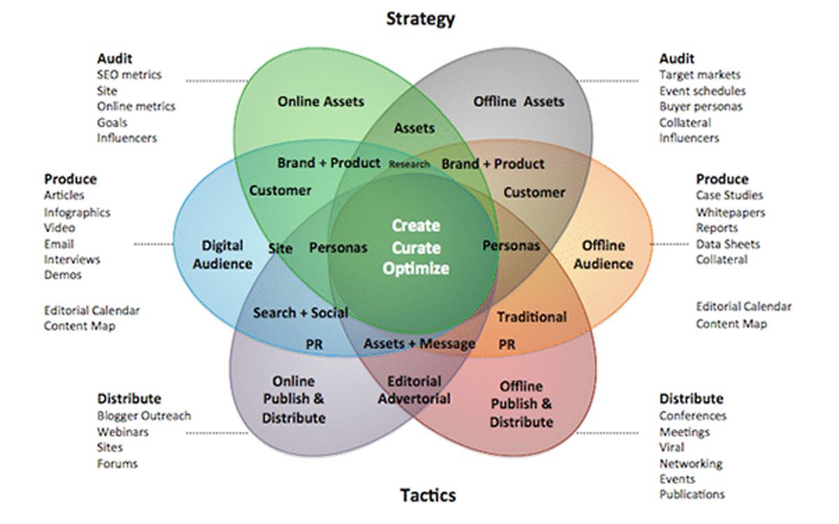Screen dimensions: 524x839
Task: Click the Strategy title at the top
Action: (x=420, y=19)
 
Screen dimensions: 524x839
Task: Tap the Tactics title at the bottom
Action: (x=428, y=495)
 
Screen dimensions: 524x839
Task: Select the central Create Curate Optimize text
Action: (x=416, y=247)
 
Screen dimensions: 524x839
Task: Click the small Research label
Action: (x=409, y=164)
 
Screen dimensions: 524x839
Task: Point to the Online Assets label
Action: (x=321, y=101)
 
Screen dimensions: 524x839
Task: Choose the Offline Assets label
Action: (x=518, y=101)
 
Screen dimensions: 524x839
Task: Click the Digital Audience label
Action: (x=222, y=254)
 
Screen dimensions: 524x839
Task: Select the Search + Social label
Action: (x=301, y=312)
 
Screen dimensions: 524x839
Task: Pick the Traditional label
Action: (x=531, y=316)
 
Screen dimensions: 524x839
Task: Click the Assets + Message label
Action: (x=419, y=344)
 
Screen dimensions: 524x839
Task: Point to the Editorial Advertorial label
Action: (x=415, y=390)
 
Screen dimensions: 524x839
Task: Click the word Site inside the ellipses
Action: (x=280, y=247)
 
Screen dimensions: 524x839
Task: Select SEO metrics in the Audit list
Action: (x=129, y=75)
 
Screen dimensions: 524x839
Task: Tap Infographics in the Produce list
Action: (x=77, y=212)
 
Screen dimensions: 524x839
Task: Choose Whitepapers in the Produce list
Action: (x=730, y=212)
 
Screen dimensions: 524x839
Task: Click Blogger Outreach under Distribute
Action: (x=143, y=416)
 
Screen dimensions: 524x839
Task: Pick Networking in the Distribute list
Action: (x=691, y=463)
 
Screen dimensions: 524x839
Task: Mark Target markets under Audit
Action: (x=700, y=75)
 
